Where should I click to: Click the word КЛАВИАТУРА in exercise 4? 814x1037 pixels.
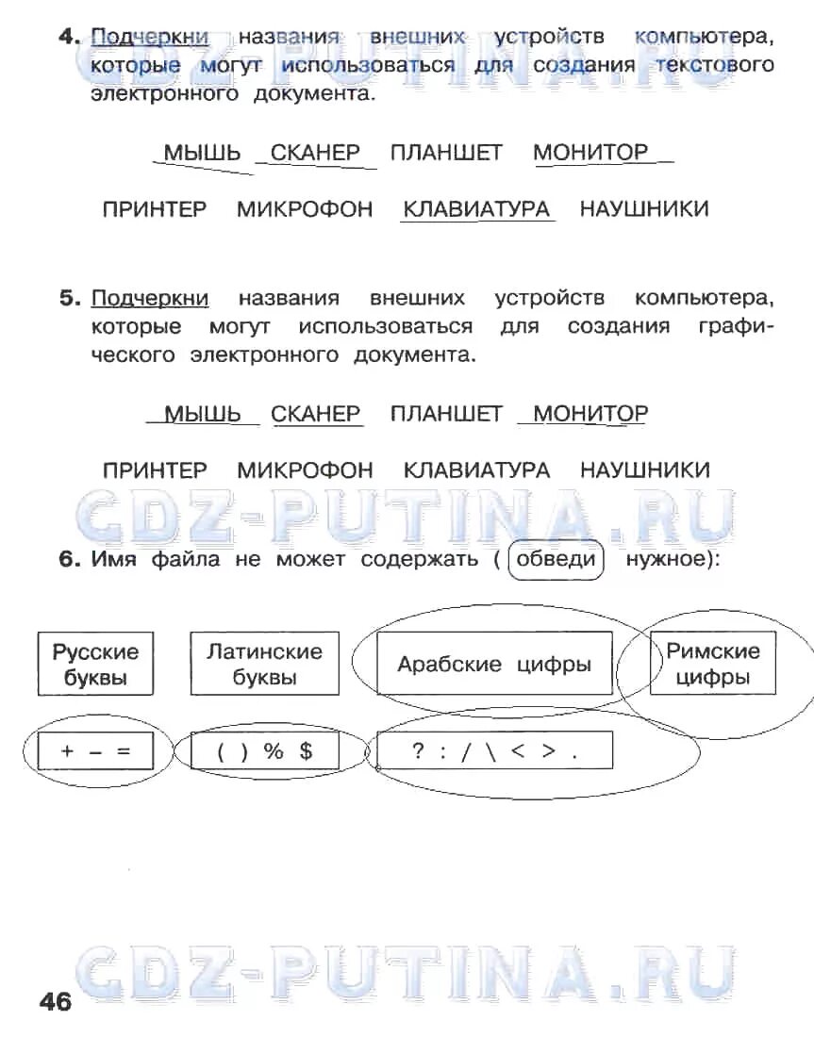[x=476, y=208]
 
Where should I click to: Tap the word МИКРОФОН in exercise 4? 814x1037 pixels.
[x=305, y=208]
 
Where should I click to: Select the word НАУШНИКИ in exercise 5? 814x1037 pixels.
[x=644, y=469]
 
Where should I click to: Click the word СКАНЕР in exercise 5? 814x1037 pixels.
[x=316, y=414]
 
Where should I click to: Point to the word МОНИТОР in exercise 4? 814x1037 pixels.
[x=591, y=153]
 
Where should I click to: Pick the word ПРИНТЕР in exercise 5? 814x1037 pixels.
[x=155, y=469]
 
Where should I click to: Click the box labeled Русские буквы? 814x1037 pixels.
[x=95, y=664]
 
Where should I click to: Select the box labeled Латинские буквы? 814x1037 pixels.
[x=264, y=664]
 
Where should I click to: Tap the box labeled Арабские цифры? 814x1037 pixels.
[x=494, y=664]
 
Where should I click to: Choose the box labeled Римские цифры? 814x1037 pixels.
[x=713, y=664]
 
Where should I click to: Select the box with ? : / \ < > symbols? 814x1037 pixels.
[x=494, y=751]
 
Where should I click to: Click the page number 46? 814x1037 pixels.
[x=56, y=1001]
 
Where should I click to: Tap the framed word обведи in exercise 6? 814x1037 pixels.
[x=556, y=559]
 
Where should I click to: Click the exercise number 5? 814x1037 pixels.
[x=70, y=299]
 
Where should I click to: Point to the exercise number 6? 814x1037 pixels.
[x=70, y=559]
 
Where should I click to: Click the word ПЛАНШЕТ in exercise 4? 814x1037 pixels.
[x=446, y=153]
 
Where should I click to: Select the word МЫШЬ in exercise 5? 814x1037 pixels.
[x=203, y=414]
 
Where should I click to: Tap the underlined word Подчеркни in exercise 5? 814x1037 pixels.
[x=150, y=299]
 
